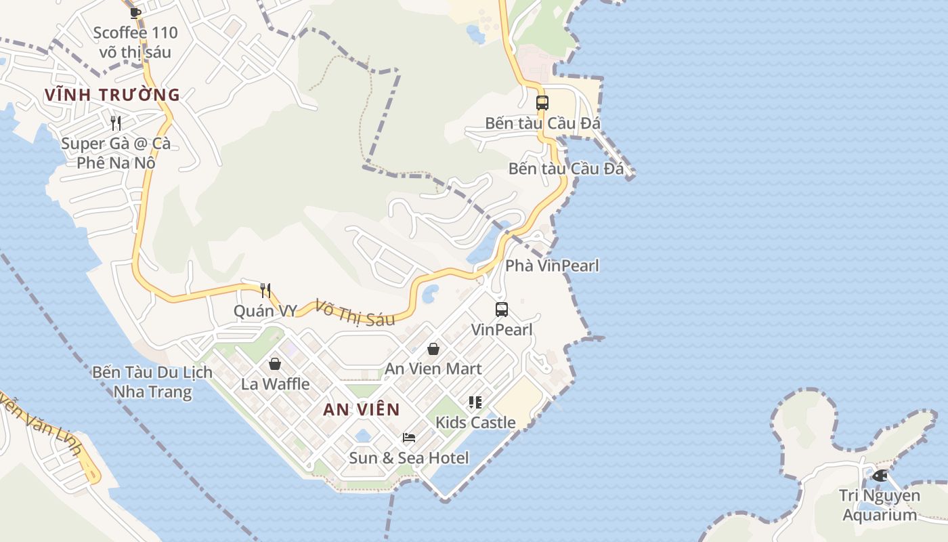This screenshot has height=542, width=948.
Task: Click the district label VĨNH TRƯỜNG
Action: pos(112,95)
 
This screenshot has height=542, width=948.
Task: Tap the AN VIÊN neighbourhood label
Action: pos(361,409)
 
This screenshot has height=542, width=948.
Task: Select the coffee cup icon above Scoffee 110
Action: pos(135,12)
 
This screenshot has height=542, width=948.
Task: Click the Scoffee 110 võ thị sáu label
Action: pos(135,42)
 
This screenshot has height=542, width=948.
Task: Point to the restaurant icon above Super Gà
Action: pos(116,123)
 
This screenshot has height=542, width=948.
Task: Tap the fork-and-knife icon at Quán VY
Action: pos(265,291)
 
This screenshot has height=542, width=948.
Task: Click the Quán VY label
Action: pos(265,311)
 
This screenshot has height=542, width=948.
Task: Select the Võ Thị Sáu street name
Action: pos(355,313)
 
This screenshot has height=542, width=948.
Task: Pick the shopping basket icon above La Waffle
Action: pos(275,364)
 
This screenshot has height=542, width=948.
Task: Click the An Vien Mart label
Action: pos(433,369)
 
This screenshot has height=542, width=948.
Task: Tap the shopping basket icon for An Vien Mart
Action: pos(433,349)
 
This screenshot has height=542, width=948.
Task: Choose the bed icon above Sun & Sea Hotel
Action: pos(408,438)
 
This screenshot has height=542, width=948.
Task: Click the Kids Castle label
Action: pos(475,423)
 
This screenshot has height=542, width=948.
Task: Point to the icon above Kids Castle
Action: pos(475,402)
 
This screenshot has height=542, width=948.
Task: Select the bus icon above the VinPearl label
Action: pos(502,310)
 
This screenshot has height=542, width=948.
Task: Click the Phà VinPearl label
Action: pos(552,266)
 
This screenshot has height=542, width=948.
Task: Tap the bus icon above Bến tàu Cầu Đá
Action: pos(542,103)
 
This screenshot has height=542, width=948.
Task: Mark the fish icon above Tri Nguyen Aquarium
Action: pos(880,476)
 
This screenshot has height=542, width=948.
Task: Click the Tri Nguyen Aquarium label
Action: pos(880,505)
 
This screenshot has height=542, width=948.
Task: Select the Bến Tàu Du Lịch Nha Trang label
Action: pos(152,382)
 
